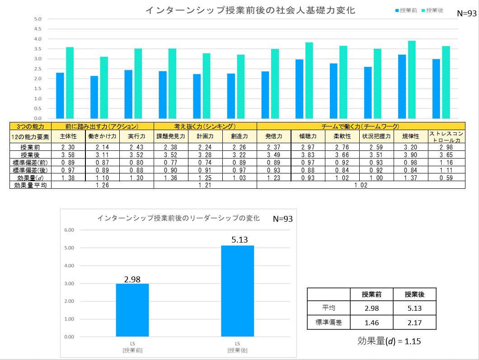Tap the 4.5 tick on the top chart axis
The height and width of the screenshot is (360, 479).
38,29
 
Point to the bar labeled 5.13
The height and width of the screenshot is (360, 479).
238,290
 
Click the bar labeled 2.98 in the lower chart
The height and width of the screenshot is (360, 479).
132,310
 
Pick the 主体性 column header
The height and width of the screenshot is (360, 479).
69,136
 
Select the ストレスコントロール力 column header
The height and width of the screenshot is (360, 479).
446,136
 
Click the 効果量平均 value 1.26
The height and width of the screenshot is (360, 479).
103,185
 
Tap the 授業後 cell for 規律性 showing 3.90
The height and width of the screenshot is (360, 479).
411,155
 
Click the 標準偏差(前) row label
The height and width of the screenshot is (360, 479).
31,163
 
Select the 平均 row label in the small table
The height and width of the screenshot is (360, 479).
329,309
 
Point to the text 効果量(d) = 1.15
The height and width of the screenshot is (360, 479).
389,341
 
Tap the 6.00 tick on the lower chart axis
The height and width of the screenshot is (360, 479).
69,230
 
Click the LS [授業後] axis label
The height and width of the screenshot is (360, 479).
238,347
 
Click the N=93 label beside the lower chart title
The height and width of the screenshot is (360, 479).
283,219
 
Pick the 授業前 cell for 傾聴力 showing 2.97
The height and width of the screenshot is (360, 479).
308,147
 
